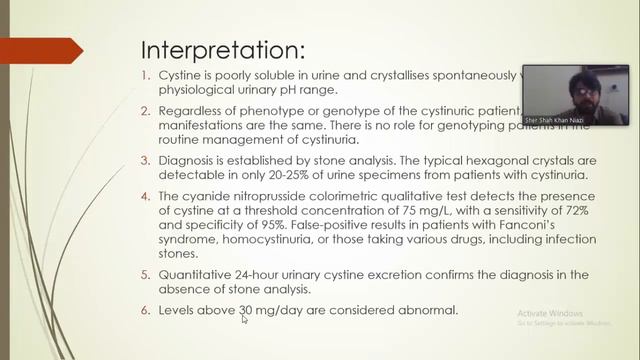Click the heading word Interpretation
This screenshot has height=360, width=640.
click(222, 50)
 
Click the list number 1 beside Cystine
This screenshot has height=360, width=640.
click(146, 74)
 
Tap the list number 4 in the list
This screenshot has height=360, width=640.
click(146, 197)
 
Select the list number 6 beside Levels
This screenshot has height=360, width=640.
click(146, 310)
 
